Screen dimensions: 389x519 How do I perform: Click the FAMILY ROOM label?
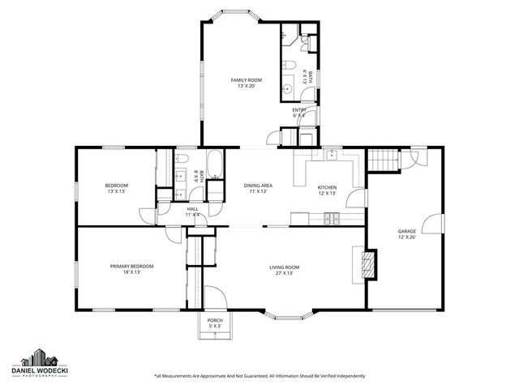(247, 79)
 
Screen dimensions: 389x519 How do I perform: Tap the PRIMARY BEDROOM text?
(132, 266)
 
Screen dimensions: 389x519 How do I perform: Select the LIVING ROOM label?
(285, 267)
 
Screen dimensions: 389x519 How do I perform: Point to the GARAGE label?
(406, 231)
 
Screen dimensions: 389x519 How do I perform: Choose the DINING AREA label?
(258, 186)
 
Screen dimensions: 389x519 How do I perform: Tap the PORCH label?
(215, 320)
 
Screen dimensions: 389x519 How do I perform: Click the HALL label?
(193, 208)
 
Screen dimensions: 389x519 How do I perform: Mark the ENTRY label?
(298, 109)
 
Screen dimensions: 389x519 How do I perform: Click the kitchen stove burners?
(331, 217)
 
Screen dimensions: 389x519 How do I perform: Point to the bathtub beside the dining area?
(216, 165)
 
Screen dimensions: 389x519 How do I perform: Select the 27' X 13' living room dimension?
(285, 273)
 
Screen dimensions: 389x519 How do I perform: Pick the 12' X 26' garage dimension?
(406, 237)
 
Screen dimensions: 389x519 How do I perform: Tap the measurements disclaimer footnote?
(259, 376)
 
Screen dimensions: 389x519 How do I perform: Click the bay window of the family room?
(238, 14)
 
